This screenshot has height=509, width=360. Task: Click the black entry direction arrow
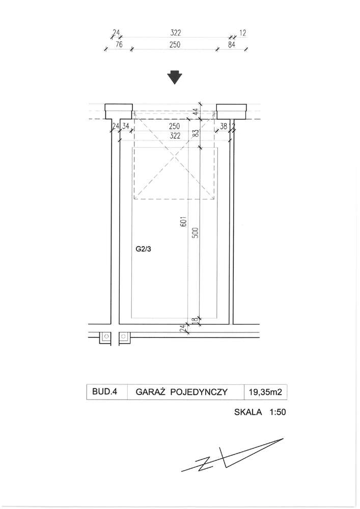(175, 77)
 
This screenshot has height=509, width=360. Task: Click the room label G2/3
(143, 249)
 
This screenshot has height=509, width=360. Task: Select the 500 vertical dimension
(196, 233)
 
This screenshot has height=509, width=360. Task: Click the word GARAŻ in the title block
(151, 392)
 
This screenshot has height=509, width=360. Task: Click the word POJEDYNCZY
(199, 392)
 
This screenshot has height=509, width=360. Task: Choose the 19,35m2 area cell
(265, 392)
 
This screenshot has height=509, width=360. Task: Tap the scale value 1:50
(278, 412)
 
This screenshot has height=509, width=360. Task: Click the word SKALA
(248, 412)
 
